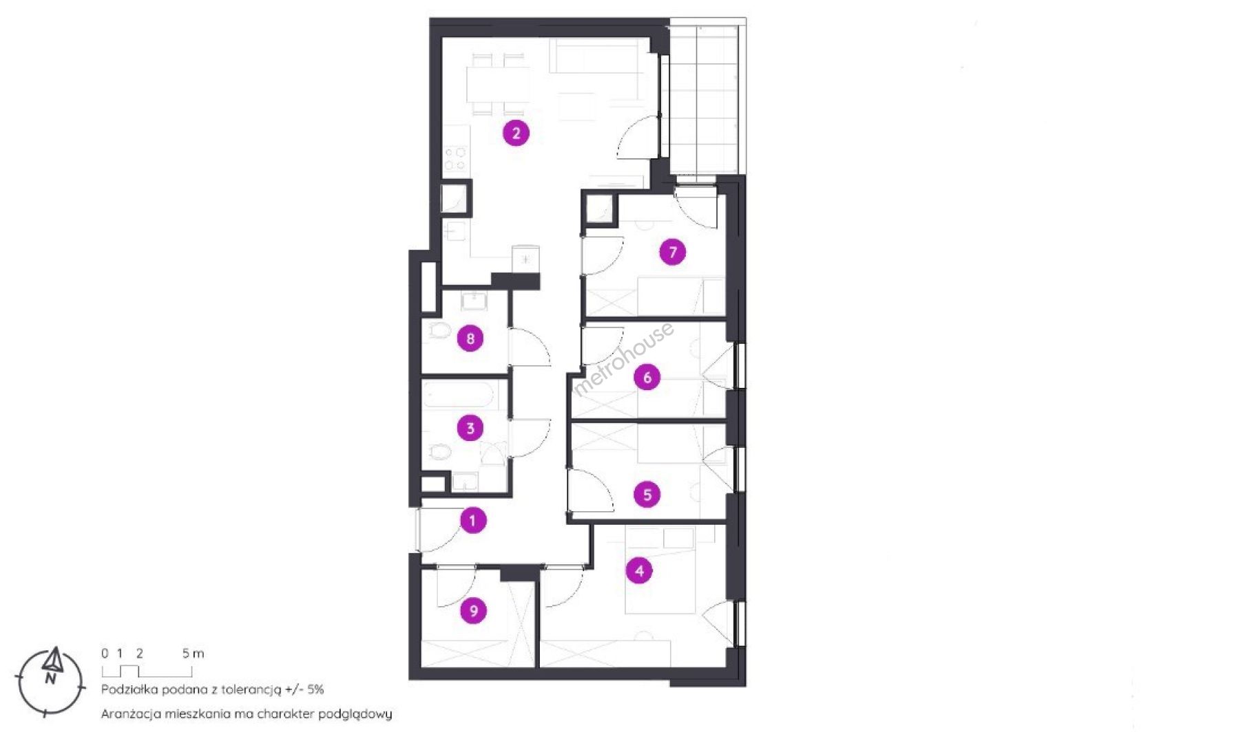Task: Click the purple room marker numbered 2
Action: pos(516,133)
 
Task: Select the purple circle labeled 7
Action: pos(673,252)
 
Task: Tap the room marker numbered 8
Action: pos(470,338)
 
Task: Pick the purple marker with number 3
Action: pos(470,428)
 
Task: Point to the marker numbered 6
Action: pos(647,377)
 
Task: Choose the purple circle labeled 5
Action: pos(647,494)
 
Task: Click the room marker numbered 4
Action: pos(639,570)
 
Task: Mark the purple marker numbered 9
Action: pos(473,610)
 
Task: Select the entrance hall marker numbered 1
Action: pos(472,520)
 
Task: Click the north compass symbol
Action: pos(50,682)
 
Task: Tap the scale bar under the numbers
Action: pos(147,671)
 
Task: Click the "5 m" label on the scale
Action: pos(193,653)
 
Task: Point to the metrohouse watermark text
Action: pos(623,360)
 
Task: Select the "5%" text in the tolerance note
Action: pos(315,689)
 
